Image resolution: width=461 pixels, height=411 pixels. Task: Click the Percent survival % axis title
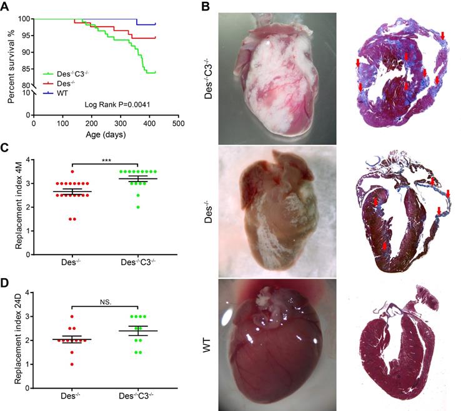[11, 62]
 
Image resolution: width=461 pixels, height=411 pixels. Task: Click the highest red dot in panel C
[72, 172]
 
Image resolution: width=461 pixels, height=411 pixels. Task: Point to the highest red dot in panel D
[72, 317]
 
